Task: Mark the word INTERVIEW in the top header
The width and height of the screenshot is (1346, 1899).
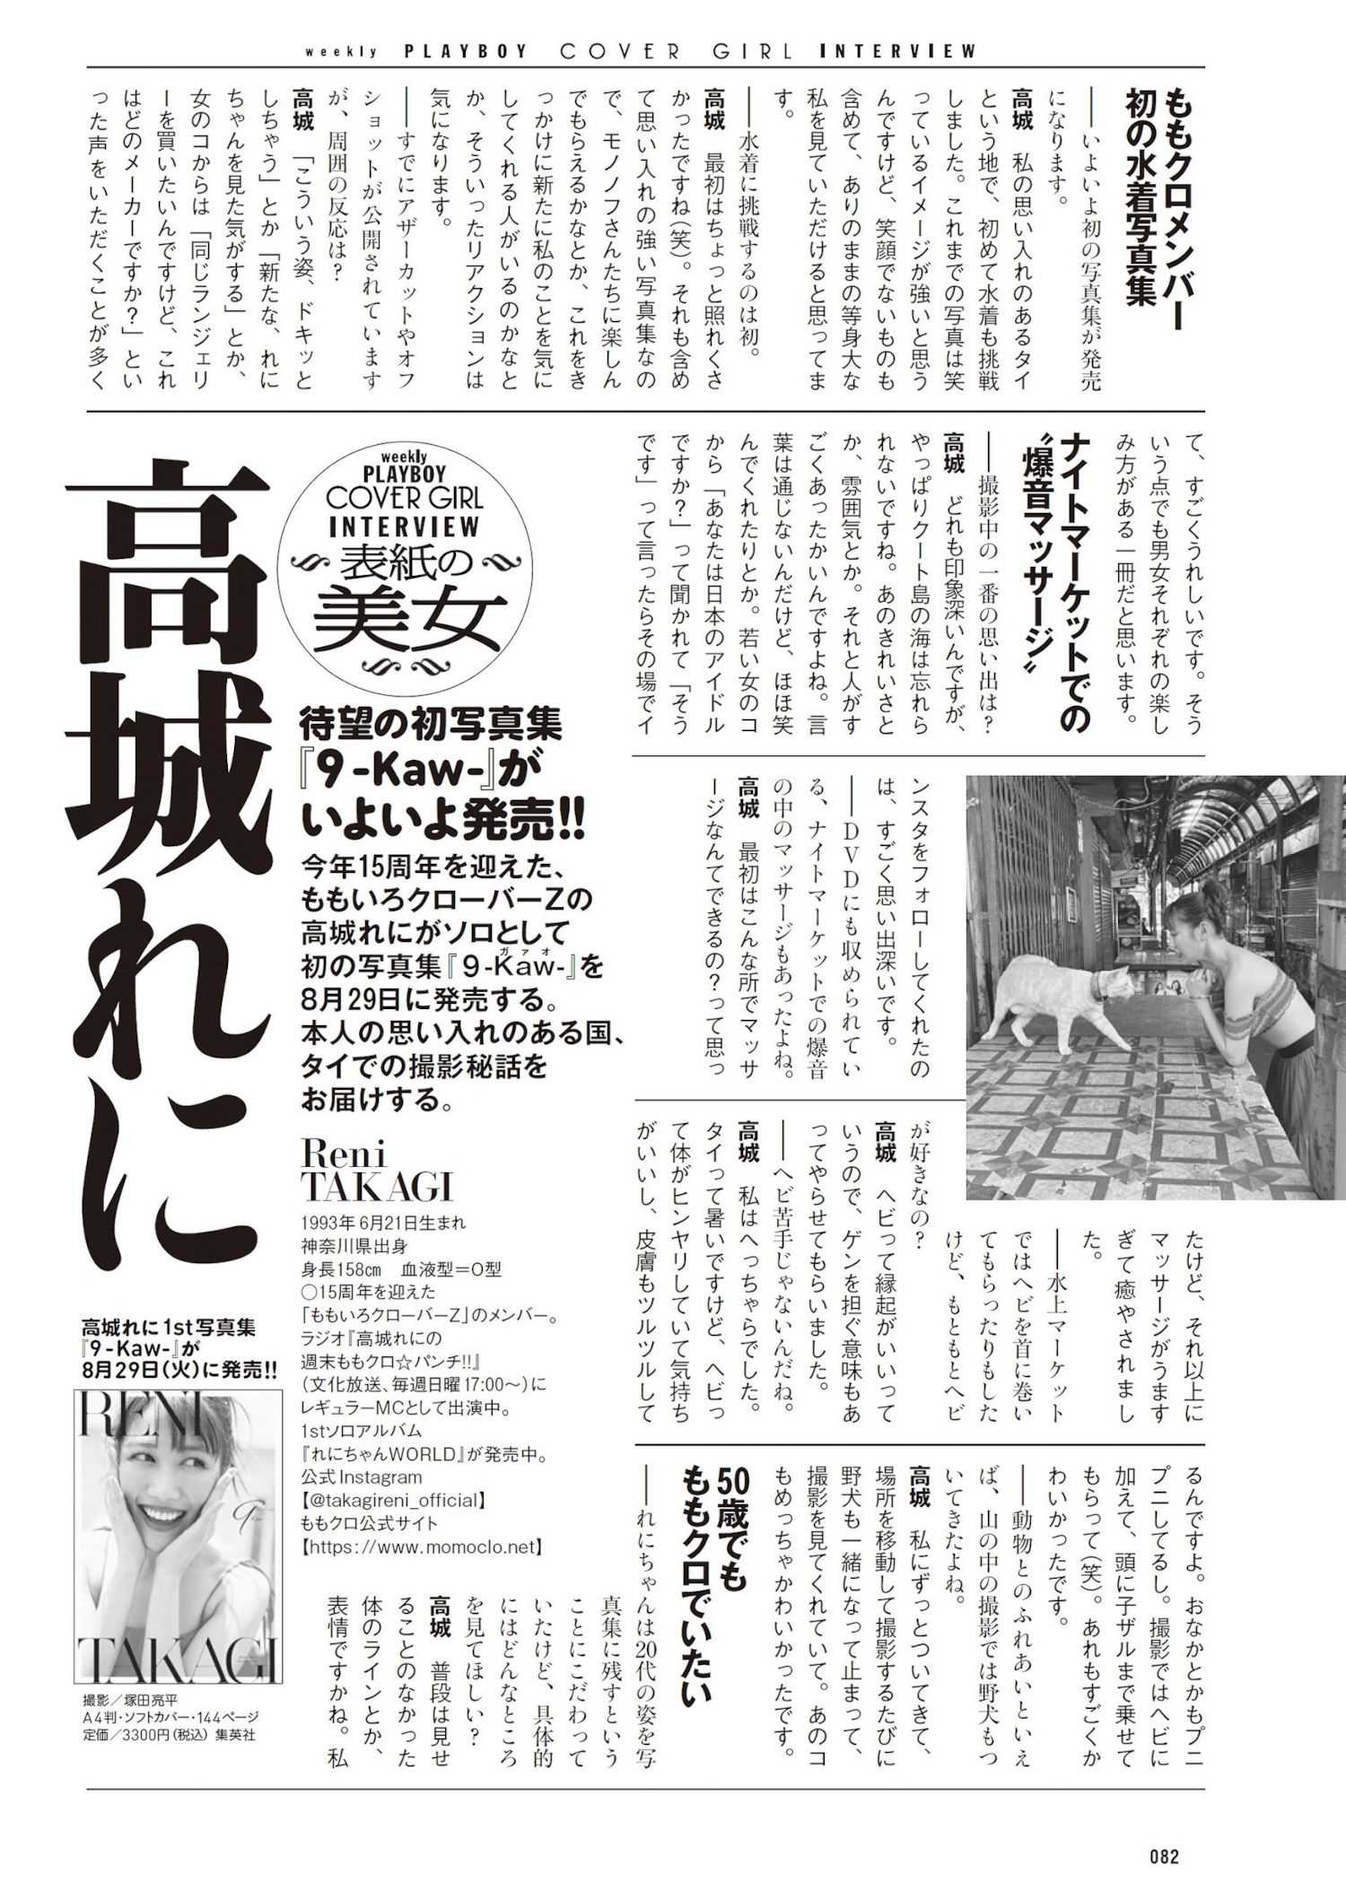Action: tap(898, 51)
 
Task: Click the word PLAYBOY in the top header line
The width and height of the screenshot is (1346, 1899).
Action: tap(467, 51)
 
